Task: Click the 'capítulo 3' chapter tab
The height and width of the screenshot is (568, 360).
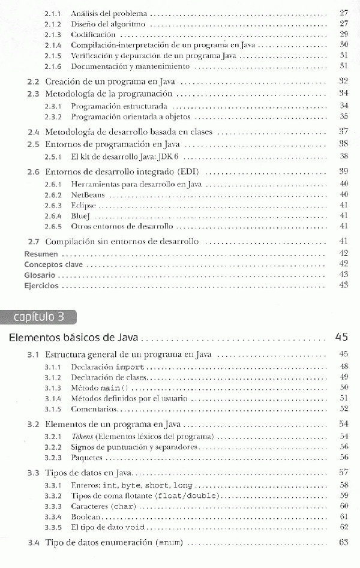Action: [x=40, y=317]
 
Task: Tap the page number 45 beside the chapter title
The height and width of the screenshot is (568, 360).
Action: [x=341, y=337]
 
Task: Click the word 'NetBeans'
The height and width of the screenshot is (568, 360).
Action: [x=88, y=194]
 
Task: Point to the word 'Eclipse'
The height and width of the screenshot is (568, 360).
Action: [x=83, y=205]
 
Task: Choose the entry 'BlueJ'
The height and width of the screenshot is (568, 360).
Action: [x=81, y=215]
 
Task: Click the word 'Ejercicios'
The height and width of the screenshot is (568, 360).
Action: [x=41, y=285]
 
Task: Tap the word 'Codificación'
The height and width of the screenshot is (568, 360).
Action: [x=93, y=35]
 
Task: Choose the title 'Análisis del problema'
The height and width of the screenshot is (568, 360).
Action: [x=109, y=13]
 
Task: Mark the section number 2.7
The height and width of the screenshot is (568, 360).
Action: [x=34, y=242]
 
